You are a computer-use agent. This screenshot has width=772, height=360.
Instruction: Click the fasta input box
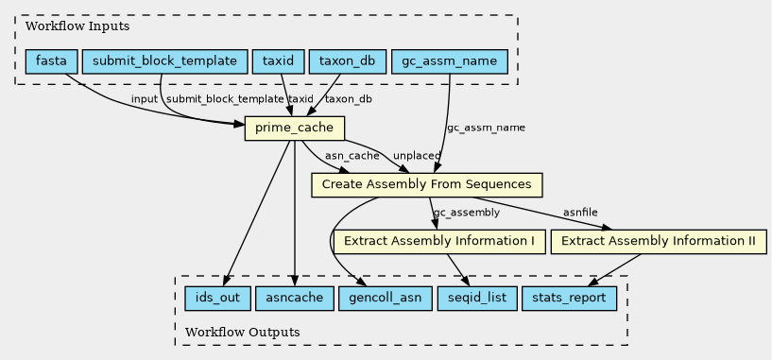click(52, 61)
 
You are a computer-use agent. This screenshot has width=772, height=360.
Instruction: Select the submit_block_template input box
click(164, 61)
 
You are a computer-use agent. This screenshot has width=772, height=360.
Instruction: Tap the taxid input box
click(278, 61)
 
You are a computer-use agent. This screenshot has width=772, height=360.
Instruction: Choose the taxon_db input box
click(347, 61)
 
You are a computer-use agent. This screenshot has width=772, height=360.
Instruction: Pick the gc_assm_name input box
click(449, 61)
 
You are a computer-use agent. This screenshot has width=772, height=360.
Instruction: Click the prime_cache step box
click(295, 129)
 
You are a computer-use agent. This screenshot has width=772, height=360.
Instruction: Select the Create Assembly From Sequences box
click(427, 184)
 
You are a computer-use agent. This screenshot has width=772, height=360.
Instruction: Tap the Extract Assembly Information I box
click(439, 241)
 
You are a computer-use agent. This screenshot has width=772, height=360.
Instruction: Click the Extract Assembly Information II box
click(659, 241)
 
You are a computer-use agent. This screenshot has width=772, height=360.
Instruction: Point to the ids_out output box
click(217, 298)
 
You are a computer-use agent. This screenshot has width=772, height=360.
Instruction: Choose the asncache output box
click(295, 298)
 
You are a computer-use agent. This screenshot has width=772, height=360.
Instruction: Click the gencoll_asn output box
click(385, 298)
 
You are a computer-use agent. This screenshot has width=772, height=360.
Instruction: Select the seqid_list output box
click(477, 298)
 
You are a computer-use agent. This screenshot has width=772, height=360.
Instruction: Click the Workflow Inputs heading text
click(77, 26)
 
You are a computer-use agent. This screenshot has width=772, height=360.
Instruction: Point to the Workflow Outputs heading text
click(242, 332)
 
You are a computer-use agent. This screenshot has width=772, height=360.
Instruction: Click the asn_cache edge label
click(352, 156)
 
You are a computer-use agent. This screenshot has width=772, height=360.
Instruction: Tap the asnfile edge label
click(580, 213)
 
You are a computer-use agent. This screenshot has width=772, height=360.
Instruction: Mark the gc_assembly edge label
click(466, 213)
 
